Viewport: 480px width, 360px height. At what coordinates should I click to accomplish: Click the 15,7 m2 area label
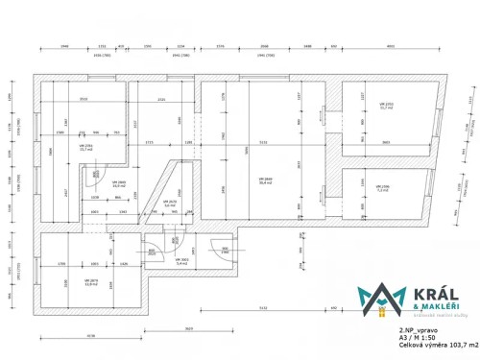coord(86,149)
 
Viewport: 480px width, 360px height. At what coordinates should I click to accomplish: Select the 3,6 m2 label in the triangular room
coord(169,204)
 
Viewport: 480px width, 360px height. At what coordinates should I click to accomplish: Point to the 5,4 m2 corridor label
coord(182,262)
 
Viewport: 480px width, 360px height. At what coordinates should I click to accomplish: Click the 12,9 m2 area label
coord(91,283)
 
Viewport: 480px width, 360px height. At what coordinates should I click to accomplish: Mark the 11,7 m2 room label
coord(387,108)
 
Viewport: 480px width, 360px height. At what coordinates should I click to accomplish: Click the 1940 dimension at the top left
coord(64,46)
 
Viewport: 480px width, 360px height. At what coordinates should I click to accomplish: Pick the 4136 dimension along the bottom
coord(91,336)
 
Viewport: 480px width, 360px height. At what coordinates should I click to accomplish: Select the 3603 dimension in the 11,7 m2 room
coord(385,140)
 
